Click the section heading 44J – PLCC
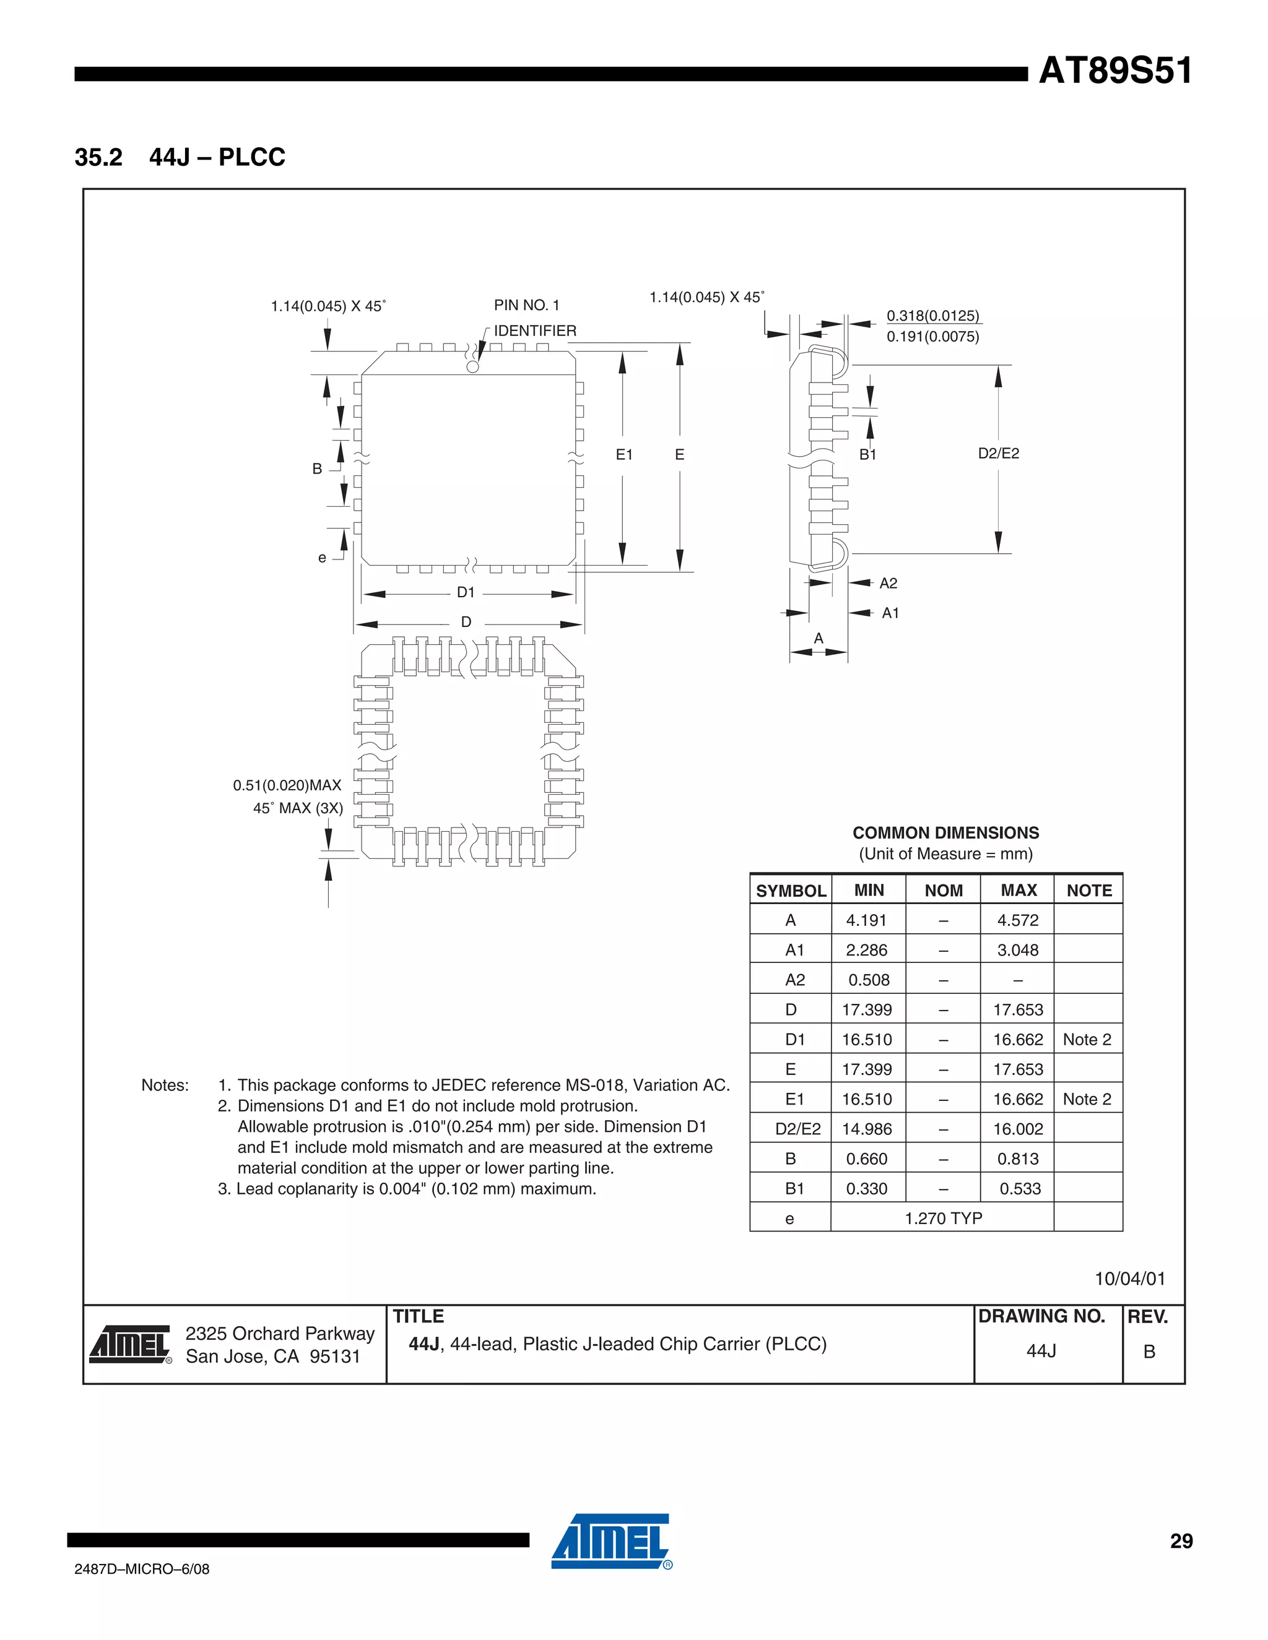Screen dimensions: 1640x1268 [217, 157]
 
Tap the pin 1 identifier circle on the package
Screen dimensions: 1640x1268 [472, 366]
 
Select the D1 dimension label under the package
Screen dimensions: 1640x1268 [466, 592]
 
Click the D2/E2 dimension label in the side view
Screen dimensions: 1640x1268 [998, 453]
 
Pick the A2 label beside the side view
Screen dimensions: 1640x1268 [888, 584]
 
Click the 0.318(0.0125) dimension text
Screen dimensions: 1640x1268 [933, 316]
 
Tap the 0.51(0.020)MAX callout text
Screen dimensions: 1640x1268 [287, 785]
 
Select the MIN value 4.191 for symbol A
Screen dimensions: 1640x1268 [866, 920]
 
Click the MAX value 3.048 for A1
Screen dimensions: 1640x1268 [1018, 950]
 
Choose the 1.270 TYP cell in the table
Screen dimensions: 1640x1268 [943, 1218]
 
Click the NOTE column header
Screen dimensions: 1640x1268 [1088, 891]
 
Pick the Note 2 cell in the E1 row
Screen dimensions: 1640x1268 [1087, 1099]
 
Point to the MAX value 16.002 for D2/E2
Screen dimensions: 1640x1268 [1018, 1129]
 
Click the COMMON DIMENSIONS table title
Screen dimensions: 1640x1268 [946, 833]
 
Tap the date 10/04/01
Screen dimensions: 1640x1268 [1130, 1279]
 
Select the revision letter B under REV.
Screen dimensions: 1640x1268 [1149, 1352]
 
